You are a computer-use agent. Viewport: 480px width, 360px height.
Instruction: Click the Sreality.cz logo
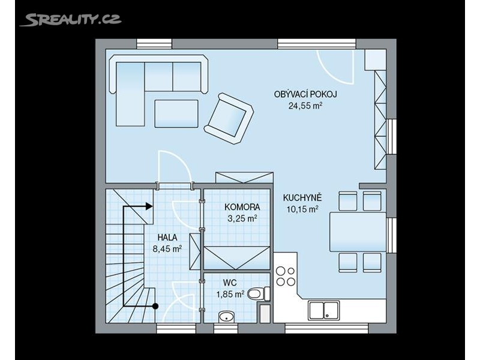[70, 20]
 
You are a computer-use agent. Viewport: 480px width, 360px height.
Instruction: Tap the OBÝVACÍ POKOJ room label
[305, 94]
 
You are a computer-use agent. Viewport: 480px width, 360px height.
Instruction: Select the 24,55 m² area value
[305, 106]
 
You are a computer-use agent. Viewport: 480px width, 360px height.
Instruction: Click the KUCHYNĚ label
[302, 197]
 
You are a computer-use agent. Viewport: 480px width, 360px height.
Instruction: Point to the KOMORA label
[242, 207]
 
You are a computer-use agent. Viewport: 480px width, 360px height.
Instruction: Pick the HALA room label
[167, 237]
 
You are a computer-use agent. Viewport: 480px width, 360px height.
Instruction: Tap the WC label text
[230, 283]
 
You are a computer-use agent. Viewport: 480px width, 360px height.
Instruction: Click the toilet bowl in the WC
[259, 294]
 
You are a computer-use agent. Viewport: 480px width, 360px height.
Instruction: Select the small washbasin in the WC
[226, 317]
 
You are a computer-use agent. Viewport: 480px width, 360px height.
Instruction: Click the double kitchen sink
[324, 310]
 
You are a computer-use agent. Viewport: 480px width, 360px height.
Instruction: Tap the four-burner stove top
[286, 276]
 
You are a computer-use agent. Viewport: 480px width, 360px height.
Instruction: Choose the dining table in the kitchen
[358, 232]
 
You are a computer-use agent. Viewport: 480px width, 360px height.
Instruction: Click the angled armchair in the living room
[229, 119]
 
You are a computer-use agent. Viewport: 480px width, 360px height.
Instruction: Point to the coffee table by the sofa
[176, 113]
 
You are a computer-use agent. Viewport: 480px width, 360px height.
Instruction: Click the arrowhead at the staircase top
[149, 206]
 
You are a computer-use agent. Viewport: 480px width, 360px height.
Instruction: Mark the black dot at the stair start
[155, 305]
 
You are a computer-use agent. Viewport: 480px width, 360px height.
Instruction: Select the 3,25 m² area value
[242, 218]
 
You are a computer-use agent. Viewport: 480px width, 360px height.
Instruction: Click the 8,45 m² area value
[167, 248]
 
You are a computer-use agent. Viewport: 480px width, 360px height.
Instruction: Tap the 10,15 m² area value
[302, 209]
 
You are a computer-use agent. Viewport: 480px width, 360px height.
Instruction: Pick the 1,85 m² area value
[230, 295]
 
